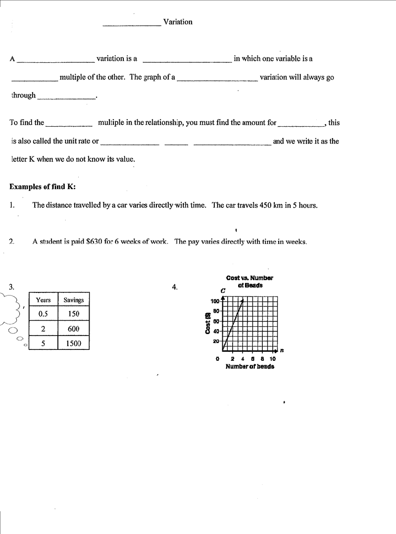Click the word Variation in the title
[178, 22]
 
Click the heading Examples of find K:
[43, 187]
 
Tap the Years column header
[43, 300]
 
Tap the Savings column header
[73, 300]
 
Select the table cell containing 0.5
[43, 314]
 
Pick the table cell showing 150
[73, 314]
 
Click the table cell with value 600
[73, 329]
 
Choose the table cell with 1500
[73, 343]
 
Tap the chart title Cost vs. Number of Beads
[249, 282]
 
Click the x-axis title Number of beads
[249, 367]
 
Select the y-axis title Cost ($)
[208, 323]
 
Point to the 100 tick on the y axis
[215, 301]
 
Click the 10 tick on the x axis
[272, 359]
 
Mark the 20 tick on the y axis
[216, 341]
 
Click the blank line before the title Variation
[132, 23]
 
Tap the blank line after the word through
[66, 97]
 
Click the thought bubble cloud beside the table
[10, 309]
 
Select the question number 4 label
[174, 287]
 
